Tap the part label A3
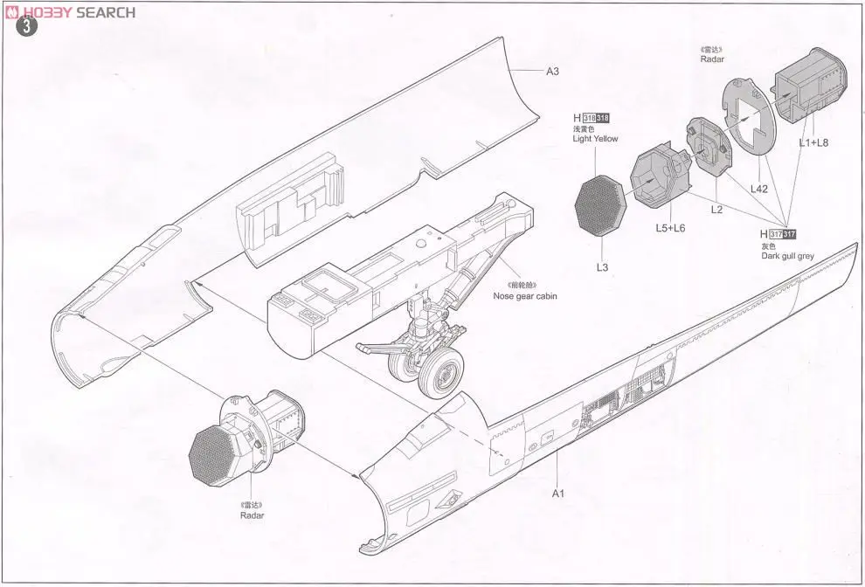(552, 72)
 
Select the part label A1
(558, 494)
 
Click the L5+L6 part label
(670, 227)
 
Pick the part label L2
(717, 210)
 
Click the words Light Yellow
(595, 140)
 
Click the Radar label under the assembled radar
(253, 515)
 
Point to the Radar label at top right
(713, 60)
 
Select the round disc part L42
(751, 118)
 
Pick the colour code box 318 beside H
(600, 118)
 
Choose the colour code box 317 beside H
(784, 234)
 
